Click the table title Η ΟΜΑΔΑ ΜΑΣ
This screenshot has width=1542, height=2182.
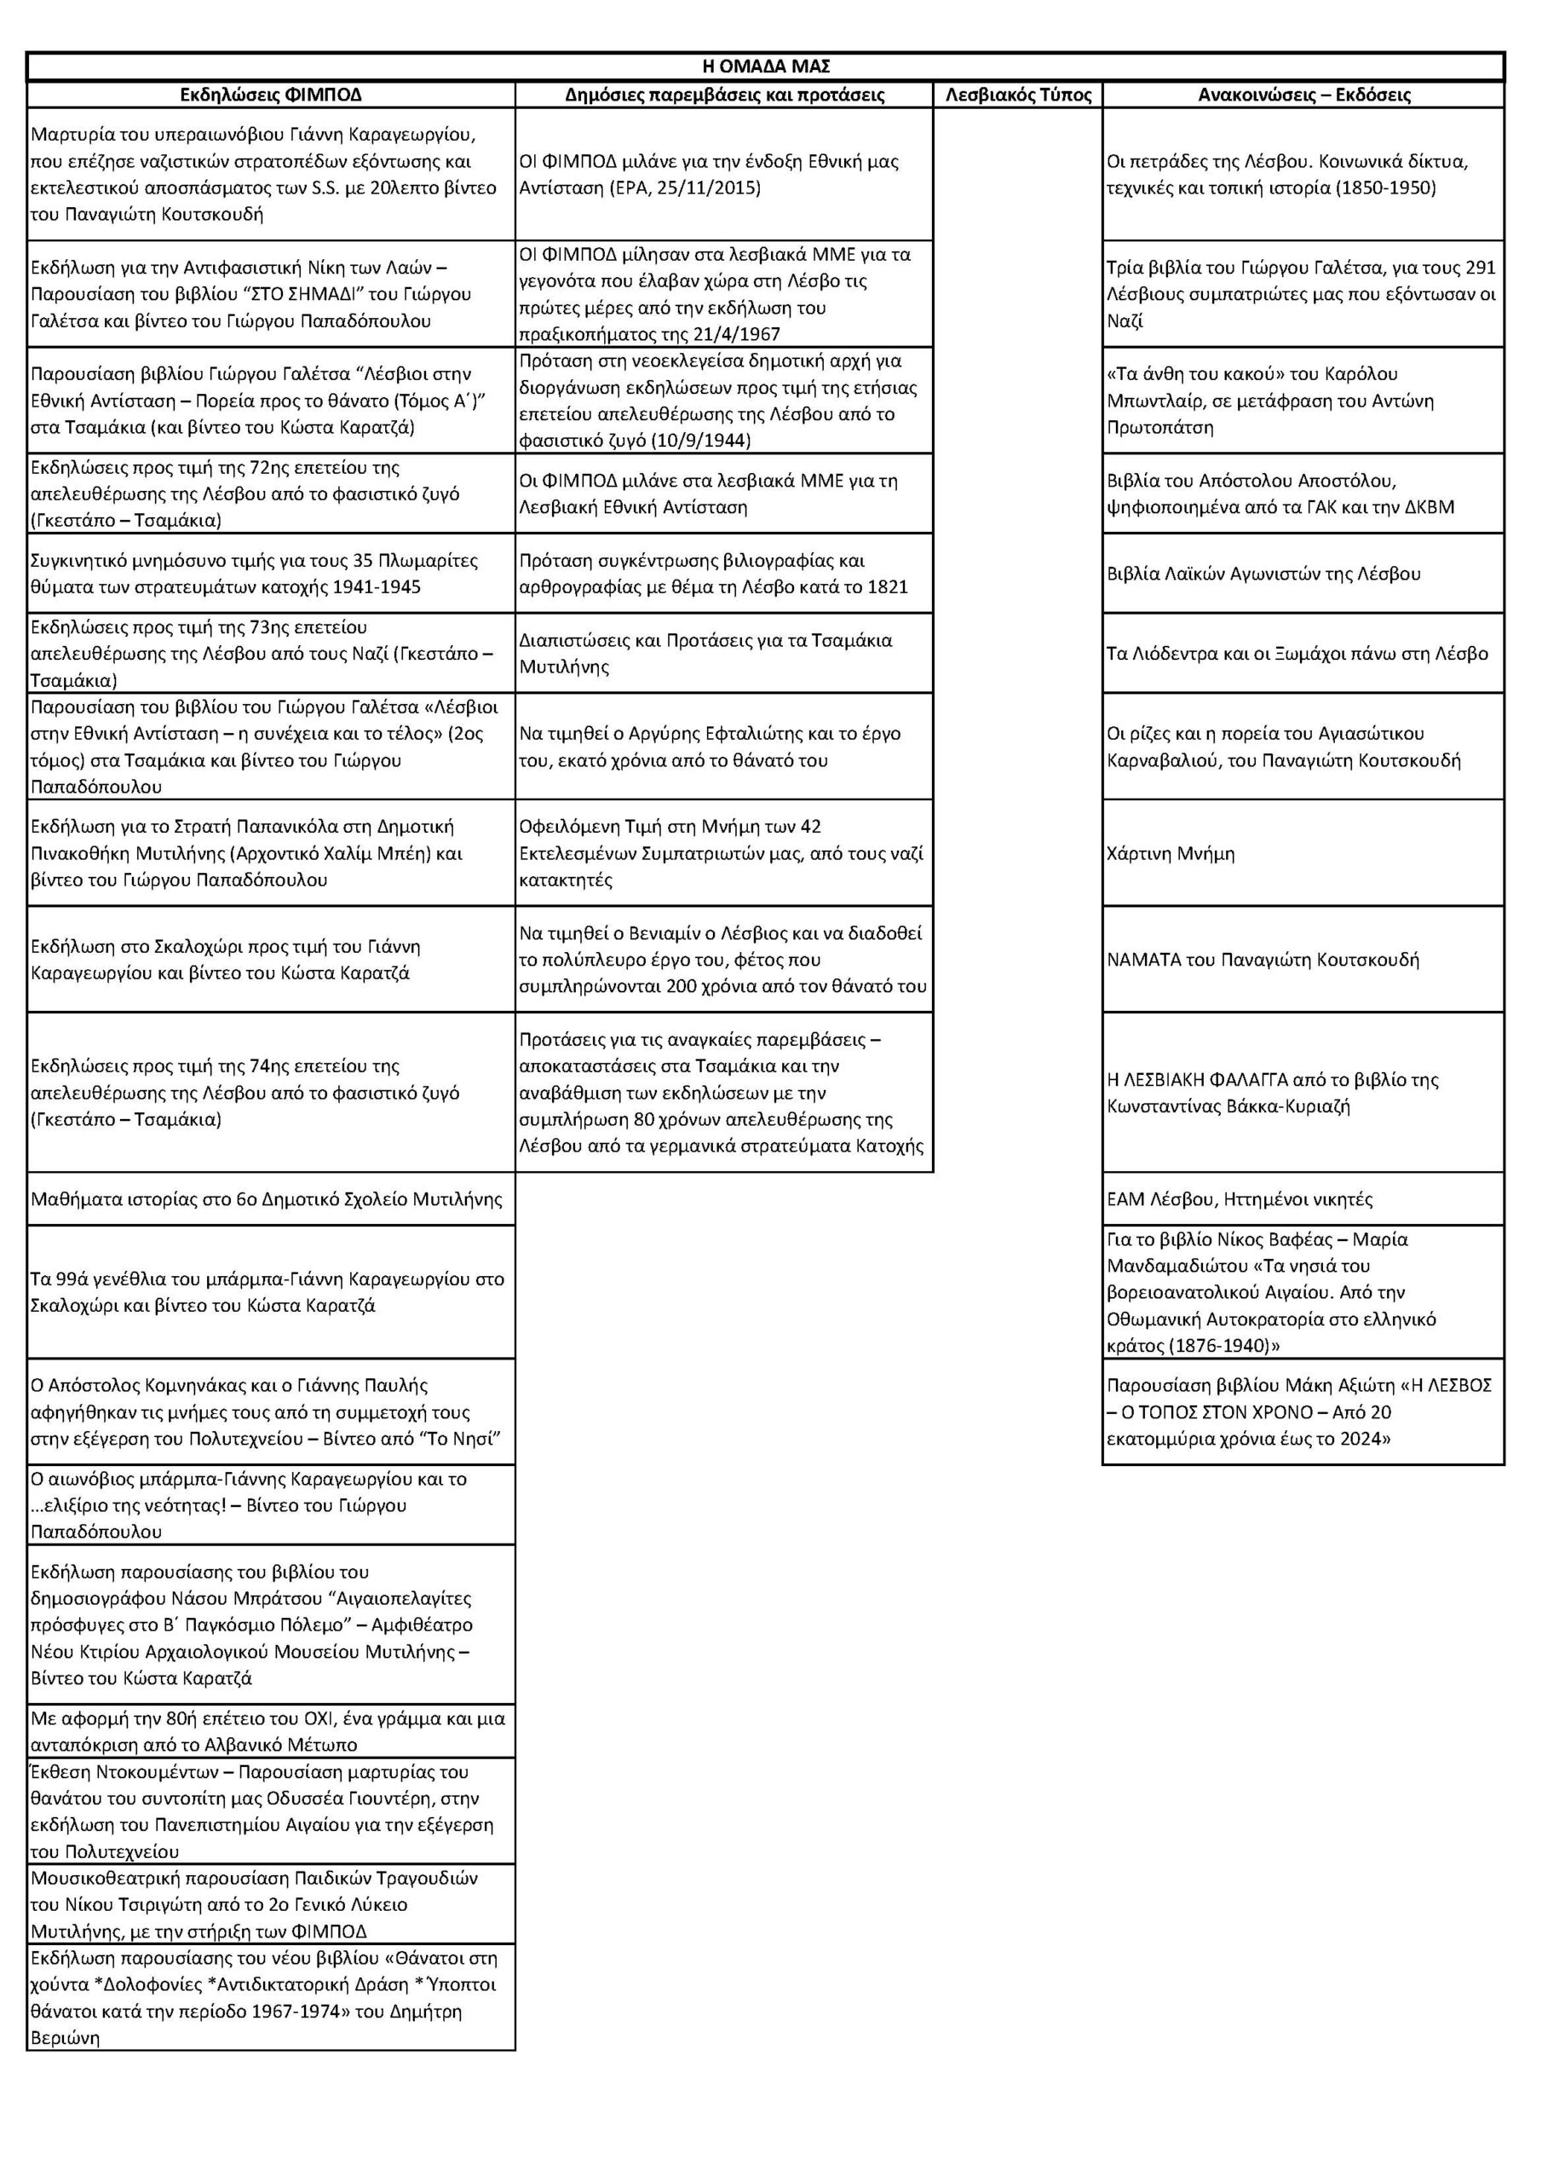pyautogui.click(x=765, y=66)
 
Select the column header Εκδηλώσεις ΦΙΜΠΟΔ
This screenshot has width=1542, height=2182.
pyautogui.click(x=271, y=95)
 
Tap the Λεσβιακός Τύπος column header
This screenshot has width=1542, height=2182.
pyautogui.click(x=1017, y=95)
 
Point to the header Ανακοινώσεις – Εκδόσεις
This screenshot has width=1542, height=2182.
pyautogui.click(x=1303, y=95)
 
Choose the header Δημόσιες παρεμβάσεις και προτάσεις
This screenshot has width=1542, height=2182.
pyautogui.click(x=724, y=95)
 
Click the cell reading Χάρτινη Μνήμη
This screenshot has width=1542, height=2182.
pyautogui.click(x=1171, y=853)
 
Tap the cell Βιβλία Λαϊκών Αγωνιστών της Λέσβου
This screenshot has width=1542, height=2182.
pyautogui.click(x=1263, y=574)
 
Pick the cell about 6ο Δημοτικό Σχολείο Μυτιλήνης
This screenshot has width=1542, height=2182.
pyautogui.click(x=266, y=1199)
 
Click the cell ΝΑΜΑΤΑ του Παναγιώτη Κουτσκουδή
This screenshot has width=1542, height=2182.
pyautogui.click(x=1263, y=960)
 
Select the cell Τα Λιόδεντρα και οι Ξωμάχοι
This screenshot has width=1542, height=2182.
pyautogui.click(x=1297, y=654)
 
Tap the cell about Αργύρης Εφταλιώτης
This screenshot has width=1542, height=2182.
pyautogui.click(x=710, y=747)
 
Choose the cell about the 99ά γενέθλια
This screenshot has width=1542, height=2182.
pyautogui.click(x=267, y=1292)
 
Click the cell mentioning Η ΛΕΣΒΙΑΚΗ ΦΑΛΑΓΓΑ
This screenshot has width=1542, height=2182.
pyautogui.click(x=1272, y=1093)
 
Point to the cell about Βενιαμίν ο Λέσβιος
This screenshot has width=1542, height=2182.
pyautogui.click(x=722, y=960)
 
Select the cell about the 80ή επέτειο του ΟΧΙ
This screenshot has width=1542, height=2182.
pyautogui.click(x=267, y=1731)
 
